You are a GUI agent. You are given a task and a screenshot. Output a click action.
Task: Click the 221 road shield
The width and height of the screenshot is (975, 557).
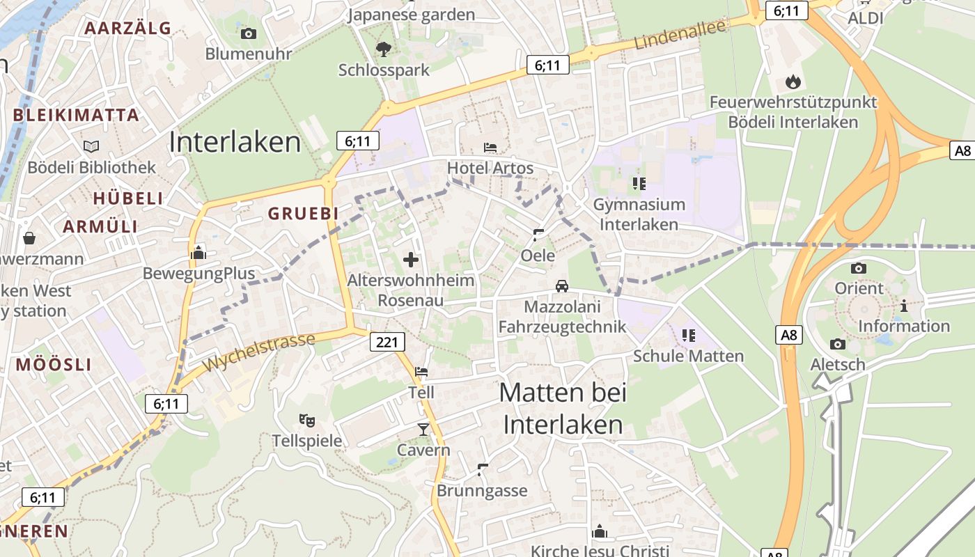click(x=387, y=342)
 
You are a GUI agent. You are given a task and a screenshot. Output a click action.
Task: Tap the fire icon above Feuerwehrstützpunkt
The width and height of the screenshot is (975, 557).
click(x=793, y=82)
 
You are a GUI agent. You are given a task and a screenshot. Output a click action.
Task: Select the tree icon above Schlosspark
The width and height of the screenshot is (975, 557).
click(x=383, y=49)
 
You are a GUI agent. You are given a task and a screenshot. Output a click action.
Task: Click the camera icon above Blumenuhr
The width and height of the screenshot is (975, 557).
click(x=248, y=33)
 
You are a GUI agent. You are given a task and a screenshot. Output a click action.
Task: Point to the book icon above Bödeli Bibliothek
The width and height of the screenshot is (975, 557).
click(x=91, y=146)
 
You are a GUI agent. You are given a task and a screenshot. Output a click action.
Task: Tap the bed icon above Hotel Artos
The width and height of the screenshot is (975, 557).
click(x=490, y=148)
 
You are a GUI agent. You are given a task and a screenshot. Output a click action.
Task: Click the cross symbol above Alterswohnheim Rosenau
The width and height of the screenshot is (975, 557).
click(x=411, y=260)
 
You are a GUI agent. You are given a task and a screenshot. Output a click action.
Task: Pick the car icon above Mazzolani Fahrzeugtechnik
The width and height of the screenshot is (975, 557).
click(x=561, y=286)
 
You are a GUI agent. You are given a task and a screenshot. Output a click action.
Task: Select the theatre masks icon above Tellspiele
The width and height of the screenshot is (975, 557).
click(x=306, y=420)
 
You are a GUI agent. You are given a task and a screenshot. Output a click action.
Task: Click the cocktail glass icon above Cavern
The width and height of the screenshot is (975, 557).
click(x=423, y=429)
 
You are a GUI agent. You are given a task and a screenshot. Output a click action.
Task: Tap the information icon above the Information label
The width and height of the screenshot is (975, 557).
click(x=904, y=305)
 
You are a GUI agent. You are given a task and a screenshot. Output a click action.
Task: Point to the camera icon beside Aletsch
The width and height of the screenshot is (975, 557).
click(x=838, y=343)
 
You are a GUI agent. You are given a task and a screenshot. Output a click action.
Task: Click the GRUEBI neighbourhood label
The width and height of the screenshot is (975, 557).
click(x=304, y=214)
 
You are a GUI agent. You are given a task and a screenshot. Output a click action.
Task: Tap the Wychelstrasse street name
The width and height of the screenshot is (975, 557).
click(x=258, y=352)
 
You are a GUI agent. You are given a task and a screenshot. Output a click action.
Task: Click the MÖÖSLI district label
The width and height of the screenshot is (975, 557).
click(x=54, y=364)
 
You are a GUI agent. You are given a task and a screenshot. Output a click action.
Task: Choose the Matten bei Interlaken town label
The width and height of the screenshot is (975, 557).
click(x=563, y=409)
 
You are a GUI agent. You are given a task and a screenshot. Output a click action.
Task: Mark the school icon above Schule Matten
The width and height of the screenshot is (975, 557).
click(x=689, y=336)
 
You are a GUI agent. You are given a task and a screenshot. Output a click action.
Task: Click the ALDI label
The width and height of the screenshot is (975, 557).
click(x=865, y=18)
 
